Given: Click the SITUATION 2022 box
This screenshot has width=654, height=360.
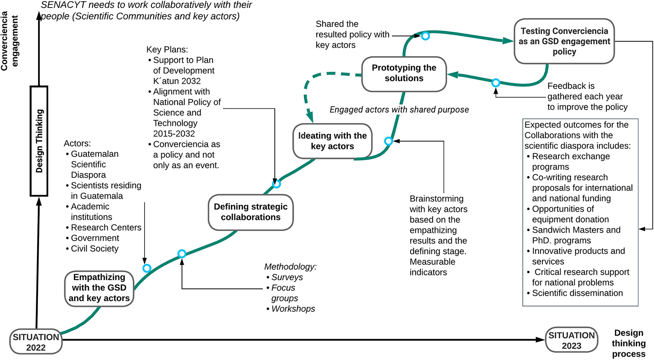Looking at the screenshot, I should click(x=36, y=342).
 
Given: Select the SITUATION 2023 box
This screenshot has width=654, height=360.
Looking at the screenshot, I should click(x=571, y=340).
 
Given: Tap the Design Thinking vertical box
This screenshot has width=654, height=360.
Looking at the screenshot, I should click(x=39, y=141).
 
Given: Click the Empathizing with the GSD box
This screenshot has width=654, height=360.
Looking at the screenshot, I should click(x=99, y=288).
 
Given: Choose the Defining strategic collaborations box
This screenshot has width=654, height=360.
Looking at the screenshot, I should click(x=251, y=212).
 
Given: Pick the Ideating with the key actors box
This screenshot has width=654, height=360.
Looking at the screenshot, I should click(x=332, y=141).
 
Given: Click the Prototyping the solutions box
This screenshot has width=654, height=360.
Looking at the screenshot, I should click(x=404, y=73).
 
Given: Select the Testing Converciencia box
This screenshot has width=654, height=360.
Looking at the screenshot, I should click(x=564, y=41).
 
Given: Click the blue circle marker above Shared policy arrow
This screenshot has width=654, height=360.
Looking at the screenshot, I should click(x=425, y=36).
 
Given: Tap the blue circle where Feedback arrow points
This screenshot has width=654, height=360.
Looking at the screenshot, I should click(x=496, y=83).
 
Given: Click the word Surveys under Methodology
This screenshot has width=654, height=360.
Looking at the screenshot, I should click(x=287, y=277).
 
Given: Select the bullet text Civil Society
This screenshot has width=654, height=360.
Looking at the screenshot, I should click(x=94, y=249).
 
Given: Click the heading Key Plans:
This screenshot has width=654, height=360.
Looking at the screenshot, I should click(x=167, y=49).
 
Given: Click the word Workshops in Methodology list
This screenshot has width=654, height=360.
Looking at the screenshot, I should click(x=293, y=309).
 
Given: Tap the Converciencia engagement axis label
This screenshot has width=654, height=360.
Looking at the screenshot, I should click(x=9, y=41).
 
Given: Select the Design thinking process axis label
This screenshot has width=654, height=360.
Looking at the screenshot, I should click(x=629, y=343).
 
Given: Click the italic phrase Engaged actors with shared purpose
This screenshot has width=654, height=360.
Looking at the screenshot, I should click(x=399, y=110).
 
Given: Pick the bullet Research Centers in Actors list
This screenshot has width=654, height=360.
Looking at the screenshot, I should click(x=106, y=228).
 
